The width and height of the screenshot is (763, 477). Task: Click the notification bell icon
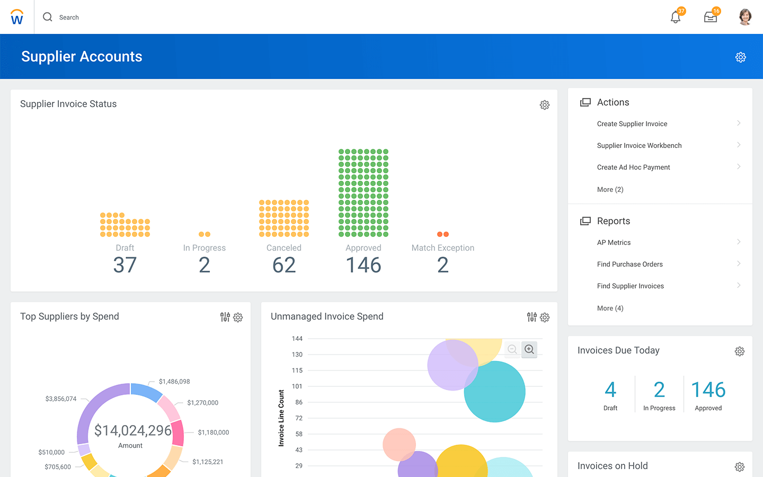676,17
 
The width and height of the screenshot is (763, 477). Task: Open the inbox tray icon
711,17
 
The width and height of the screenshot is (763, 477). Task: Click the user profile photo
745,17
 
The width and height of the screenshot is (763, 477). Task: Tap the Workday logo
17,17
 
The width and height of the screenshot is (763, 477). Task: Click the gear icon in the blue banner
741,57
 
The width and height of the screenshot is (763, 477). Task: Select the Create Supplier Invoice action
632,124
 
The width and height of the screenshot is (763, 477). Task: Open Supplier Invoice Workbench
639,146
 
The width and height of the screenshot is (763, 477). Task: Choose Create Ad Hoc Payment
633,167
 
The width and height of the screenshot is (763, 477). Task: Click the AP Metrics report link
614,243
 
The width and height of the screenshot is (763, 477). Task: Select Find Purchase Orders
629,264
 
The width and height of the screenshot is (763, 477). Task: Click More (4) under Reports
610,308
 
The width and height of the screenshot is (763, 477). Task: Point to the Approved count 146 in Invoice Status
363,265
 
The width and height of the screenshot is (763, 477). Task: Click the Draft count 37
125,265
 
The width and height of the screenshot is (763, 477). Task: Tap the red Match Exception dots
443,234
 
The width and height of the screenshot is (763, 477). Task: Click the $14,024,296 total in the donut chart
132,430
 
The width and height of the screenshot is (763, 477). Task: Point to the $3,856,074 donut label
61,399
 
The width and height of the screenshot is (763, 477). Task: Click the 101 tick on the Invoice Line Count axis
297,386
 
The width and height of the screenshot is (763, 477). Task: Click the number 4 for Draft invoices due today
610,390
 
